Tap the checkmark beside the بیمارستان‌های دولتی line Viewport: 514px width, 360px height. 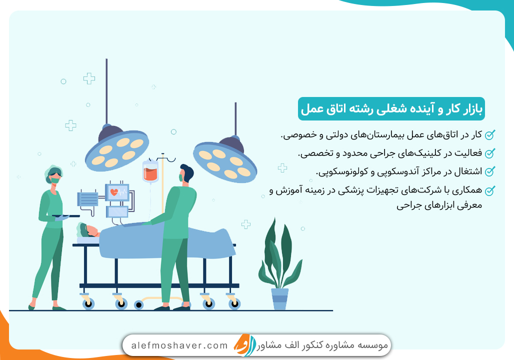tap(490, 134)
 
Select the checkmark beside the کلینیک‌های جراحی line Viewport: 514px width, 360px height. tap(490, 152)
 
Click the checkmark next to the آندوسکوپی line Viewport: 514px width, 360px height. tap(490, 171)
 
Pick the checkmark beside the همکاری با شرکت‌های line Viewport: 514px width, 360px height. tap(490, 190)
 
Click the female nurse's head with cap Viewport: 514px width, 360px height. tap(53, 173)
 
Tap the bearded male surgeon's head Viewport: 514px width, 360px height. tap(185, 173)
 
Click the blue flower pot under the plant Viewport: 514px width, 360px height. tap(279, 298)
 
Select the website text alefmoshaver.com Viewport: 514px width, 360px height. tap(179, 345)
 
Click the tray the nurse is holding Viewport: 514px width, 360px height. tap(65, 216)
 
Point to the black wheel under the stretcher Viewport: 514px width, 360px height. tap(138, 304)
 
